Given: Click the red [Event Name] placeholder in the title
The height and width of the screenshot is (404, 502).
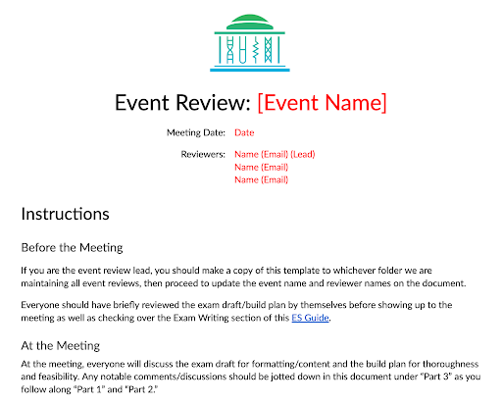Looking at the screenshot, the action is coord(322,103).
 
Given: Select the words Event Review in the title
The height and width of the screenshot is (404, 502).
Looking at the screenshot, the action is coord(182,103).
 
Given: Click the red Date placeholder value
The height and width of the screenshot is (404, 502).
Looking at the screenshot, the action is coord(244,132).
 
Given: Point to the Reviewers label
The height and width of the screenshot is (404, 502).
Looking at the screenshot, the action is coord(203,155).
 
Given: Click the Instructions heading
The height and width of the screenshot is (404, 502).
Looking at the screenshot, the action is coord(65,213).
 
